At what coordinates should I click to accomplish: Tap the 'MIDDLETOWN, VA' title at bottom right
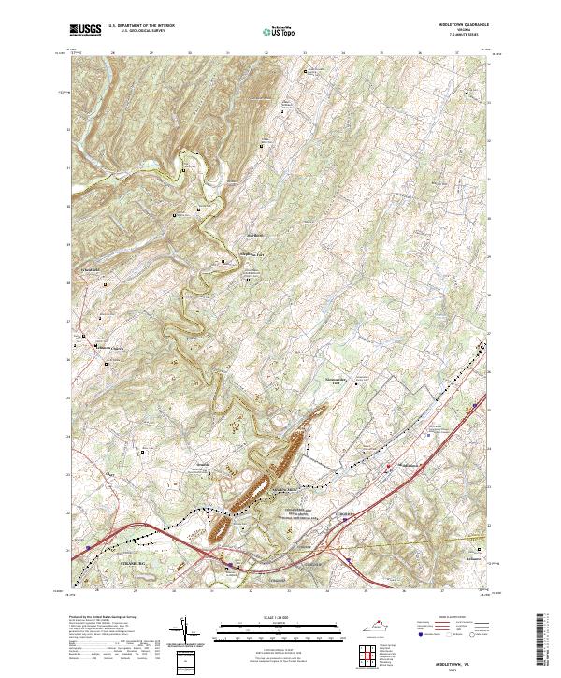(x=468, y=658)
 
